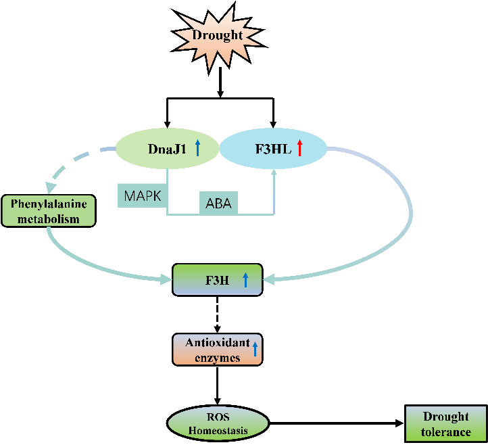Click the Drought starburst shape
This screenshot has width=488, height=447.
pyautogui.click(x=217, y=36)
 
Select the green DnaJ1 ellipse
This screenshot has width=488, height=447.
pyautogui.click(x=160, y=147)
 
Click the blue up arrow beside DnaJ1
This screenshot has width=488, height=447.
pyautogui.click(x=197, y=147)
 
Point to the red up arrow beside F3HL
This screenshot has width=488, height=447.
pyautogui.click(x=299, y=147)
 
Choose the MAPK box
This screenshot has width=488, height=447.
pyautogui.click(x=143, y=196)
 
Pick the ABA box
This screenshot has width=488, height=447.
pyautogui.click(x=218, y=203)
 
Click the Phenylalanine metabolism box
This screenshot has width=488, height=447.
pyautogui.click(x=49, y=210)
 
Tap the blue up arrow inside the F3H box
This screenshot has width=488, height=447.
pyautogui.click(x=245, y=279)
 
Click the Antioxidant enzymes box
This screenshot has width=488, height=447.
pyautogui.click(x=217, y=350)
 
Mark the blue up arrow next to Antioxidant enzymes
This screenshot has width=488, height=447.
pyautogui.click(x=255, y=349)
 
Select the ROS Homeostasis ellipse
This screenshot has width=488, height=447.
pyautogui.click(x=218, y=423)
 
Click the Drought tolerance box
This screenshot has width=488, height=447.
pyautogui.click(x=446, y=424)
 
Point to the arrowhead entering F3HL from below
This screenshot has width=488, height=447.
pyautogui.click(x=274, y=174)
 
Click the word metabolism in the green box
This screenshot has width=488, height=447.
pyautogui.click(x=49, y=218)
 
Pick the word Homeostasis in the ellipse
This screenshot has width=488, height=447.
pyautogui.click(x=218, y=430)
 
